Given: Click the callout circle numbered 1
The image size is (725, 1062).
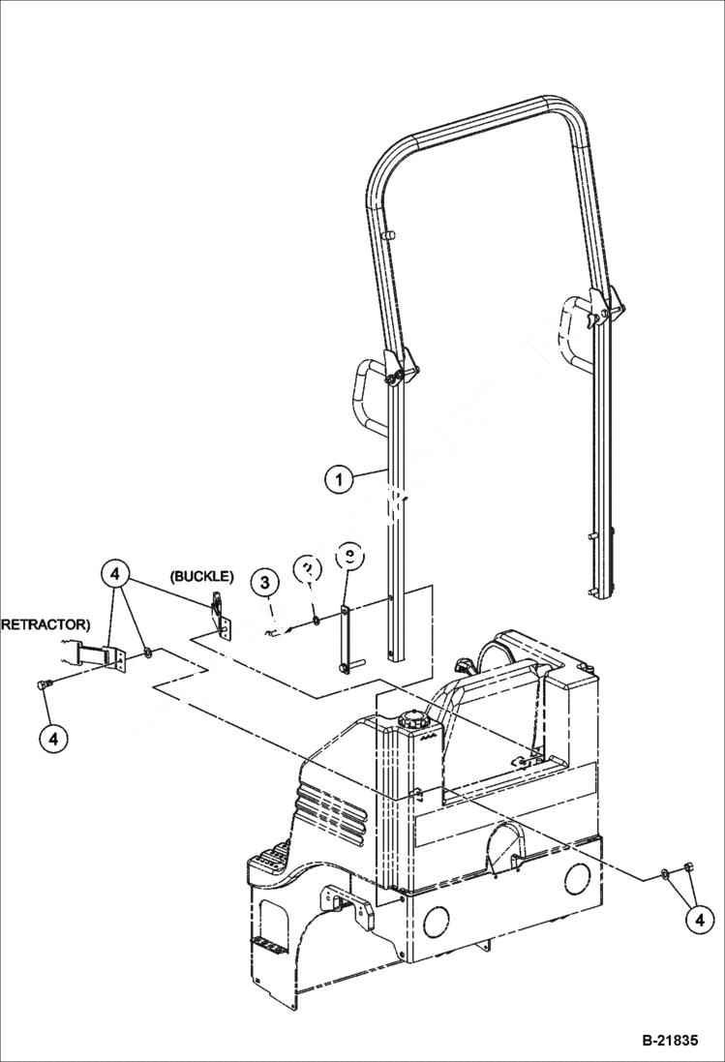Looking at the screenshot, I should (x=338, y=478).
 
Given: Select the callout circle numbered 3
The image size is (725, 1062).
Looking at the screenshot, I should (x=265, y=583).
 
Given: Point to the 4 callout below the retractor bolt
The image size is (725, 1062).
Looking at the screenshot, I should (x=53, y=738).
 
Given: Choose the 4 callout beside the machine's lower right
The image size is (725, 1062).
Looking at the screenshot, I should (x=696, y=919).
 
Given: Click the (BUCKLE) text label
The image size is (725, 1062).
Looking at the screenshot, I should (x=201, y=576).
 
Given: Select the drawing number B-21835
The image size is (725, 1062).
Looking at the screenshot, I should (x=669, y=1043).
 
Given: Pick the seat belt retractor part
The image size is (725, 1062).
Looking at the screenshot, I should (x=100, y=656).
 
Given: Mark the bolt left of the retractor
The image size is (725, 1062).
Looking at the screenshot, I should (x=44, y=685).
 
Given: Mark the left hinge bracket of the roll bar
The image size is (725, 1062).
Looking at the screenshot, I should (x=399, y=369).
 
